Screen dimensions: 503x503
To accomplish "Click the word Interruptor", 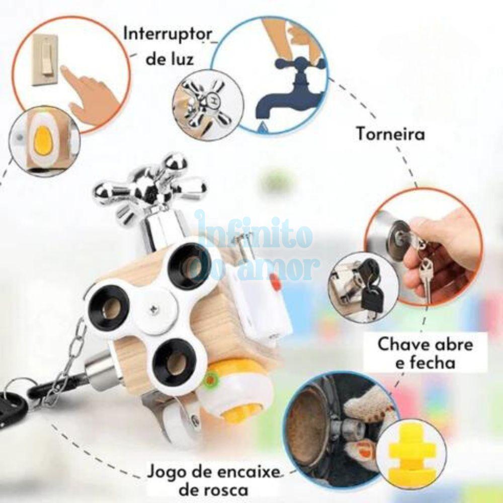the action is click(x=168, y=34).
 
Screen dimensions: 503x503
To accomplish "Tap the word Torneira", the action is click(x=390, y=134).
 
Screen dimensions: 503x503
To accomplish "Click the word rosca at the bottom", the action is click(x=214, y=490).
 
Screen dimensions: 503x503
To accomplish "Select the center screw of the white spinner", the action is click(x=153, y=309).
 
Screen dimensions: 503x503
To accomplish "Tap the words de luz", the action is click(x=170, y=59).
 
